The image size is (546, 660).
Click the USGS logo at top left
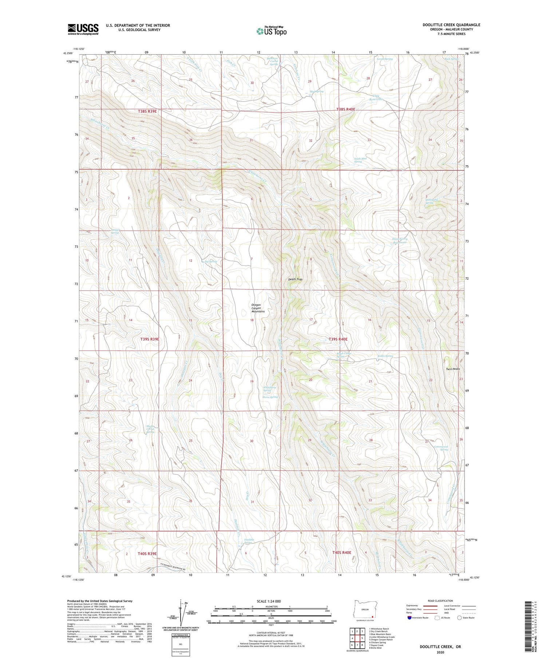coord(83,29)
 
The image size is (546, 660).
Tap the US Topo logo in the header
coord(271,31)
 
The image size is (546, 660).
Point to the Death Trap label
coord(295,279)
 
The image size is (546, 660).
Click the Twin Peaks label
coord(453,369)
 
